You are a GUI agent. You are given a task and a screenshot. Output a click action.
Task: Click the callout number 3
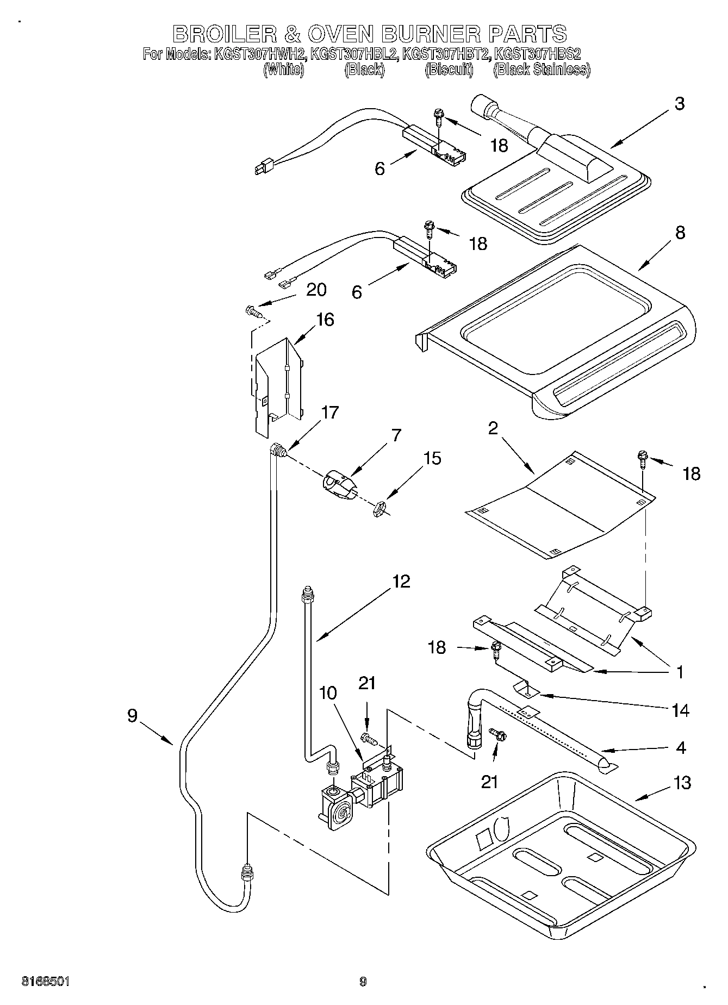(679, 104)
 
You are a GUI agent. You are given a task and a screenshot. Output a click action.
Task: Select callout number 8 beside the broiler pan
(680, 233)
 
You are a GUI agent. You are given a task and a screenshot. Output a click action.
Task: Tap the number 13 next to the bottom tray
(682, 783)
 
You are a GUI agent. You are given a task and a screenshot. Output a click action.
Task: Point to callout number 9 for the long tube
(132, 716)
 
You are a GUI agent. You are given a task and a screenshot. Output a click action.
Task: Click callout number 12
(401, 582)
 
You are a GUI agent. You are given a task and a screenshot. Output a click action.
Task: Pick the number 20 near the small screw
(316, 290)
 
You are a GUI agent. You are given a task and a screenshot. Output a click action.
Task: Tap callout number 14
(680, 710)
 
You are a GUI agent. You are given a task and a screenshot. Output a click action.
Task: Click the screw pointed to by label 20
(253, 311)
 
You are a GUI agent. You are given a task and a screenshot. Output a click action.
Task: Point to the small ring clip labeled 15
(379, 510)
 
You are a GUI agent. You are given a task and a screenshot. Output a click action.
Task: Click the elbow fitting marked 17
(278, 450)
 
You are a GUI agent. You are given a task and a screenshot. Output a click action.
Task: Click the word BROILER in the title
(220, 34)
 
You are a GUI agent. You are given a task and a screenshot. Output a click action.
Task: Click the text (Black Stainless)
(542, 70)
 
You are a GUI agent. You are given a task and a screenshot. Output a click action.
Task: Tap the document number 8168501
(46, 982)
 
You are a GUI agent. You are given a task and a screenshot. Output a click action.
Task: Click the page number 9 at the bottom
(363, 982)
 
